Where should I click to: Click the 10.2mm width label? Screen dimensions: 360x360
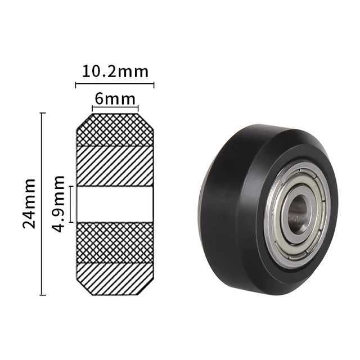[x=115, y=71]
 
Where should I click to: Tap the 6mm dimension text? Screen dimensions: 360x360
[x=115, y=98]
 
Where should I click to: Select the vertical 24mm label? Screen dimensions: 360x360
[x=29, y=203]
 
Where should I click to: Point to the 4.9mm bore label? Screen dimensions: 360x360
[x=58, y=203]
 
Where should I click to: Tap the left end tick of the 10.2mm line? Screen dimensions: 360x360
[x=76, y=84]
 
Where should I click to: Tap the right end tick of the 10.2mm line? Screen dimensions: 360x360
[x=154, y=84]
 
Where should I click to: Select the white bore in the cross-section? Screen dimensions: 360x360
[x=115, y=204]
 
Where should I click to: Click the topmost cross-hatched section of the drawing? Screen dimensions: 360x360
[x=115, y=130]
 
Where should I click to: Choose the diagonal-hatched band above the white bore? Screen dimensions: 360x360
[x=115, y=165]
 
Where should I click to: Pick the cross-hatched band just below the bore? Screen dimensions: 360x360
[x=115, y=242]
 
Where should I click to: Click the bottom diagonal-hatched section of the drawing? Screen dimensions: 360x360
[x=115, y=278]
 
